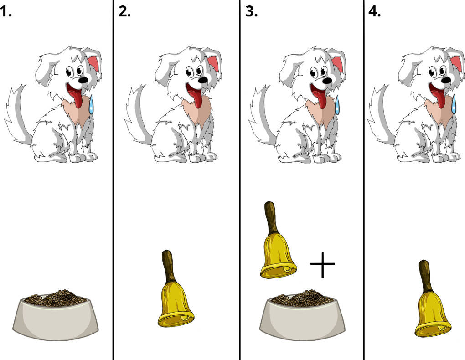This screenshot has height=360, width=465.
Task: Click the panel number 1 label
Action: click(5, 12)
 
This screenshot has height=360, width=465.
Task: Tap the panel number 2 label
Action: click(124, 12)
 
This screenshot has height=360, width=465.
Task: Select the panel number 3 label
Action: click(252, 12)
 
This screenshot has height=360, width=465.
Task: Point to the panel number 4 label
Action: click(375, 12)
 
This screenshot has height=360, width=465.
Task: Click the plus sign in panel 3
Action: click(322, 264)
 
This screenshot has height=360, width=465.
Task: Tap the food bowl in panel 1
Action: click(56, 315)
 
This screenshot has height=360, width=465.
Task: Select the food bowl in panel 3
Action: click(303, 315)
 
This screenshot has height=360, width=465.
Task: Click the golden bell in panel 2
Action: click(176, 289)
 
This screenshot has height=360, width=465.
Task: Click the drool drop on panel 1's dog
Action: click(91, 104)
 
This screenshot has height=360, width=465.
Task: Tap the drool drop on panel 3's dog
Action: click(337, 104)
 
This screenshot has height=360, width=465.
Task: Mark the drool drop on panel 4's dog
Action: click(454, 104)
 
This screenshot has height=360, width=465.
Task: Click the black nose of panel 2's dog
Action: click(203, 80)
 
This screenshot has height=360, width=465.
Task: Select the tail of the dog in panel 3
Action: click(261, 116)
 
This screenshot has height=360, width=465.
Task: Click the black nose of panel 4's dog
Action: click(446, 80)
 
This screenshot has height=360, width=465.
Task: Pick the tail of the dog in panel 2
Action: click(137, 116)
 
